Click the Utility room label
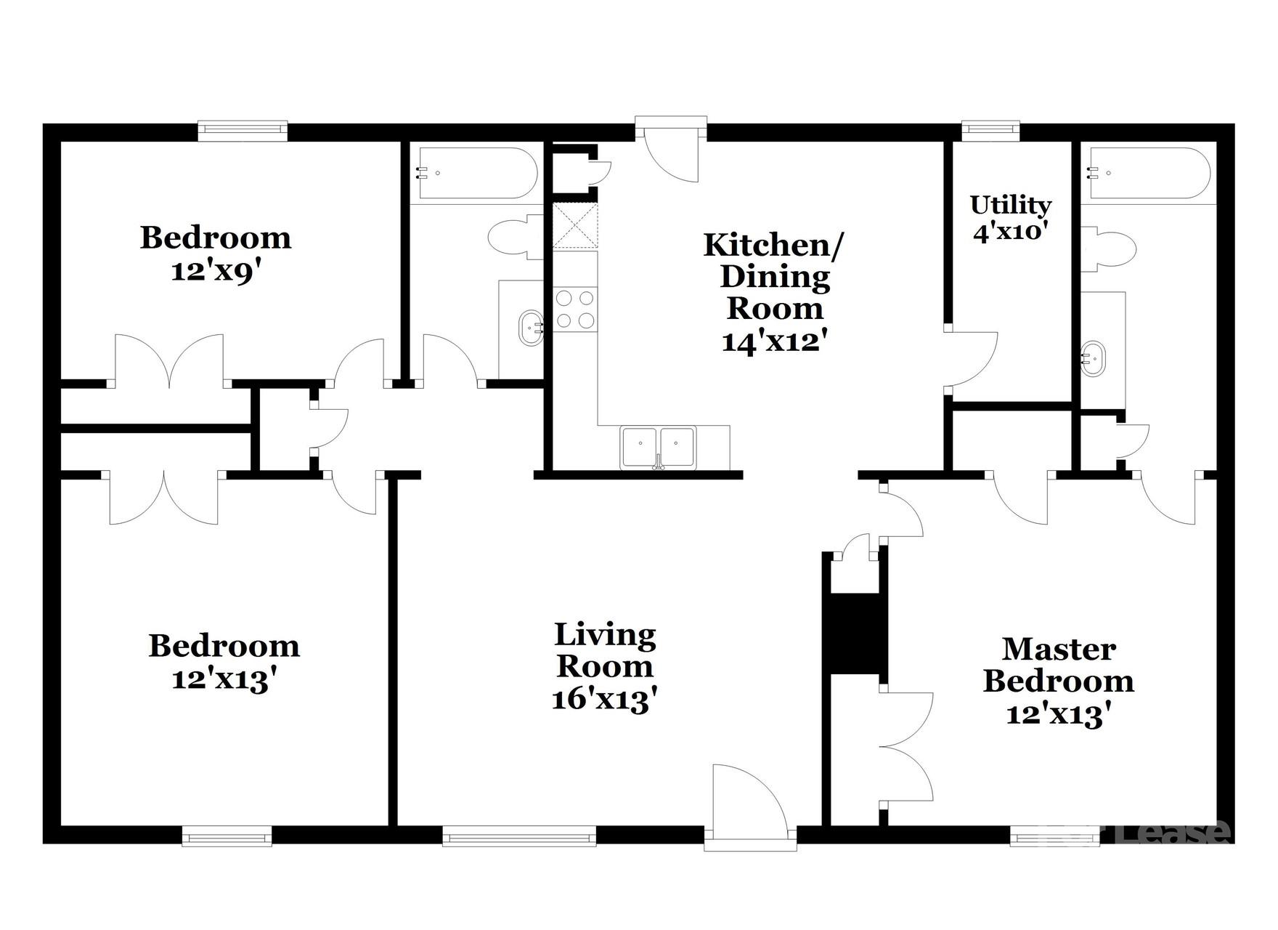tap(1010, 206)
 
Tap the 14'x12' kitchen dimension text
tap(775, 341)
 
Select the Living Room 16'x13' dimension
tap(605, 699)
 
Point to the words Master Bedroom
tap(1058, 665)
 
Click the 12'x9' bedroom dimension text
tap(216, 271)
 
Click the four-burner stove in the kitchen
tap(575, 310)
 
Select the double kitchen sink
tap(658, 446)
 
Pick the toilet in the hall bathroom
tap(516, 237)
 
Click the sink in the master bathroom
tap(1092, 358)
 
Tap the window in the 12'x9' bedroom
tap(243, 130)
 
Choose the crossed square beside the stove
tap(575, 226)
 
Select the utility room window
tap(990, 130)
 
